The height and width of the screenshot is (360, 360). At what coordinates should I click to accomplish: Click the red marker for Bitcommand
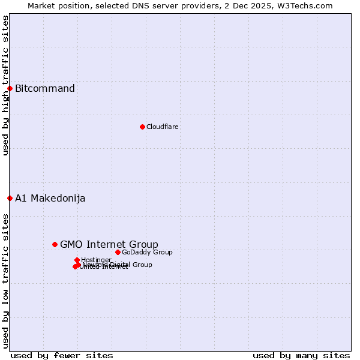pos(10,89)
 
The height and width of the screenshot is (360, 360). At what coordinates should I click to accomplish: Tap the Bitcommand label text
pos(45,89)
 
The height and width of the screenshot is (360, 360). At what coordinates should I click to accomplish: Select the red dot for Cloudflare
pos(142,127)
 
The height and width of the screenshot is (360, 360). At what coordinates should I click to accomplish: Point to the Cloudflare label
pos(162,127)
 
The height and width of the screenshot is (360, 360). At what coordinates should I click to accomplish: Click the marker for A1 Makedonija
pos(10,198)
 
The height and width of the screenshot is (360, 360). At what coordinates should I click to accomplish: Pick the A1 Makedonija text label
pos(50,198)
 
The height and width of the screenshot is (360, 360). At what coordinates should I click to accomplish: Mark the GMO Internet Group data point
pos(55,244)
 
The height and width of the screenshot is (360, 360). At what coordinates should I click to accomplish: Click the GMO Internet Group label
pos(109,244)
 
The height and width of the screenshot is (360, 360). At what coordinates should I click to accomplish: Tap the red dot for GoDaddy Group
pos(118,252)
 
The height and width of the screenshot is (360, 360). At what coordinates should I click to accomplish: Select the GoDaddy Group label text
pos(147,252)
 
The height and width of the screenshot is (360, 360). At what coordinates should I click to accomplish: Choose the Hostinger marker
pos(77,260)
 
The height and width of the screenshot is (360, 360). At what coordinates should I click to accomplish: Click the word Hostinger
pos(97,260)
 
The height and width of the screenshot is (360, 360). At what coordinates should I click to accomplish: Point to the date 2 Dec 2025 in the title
pos(257,5)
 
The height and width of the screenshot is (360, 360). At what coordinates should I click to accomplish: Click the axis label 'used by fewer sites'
pos(62,355)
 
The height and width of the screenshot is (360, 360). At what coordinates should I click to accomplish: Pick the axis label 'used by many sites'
pos(301,355)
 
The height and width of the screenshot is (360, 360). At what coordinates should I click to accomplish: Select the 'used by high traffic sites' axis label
pos(5,85)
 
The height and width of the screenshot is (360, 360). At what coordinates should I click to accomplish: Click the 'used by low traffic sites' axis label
pos(5,281)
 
